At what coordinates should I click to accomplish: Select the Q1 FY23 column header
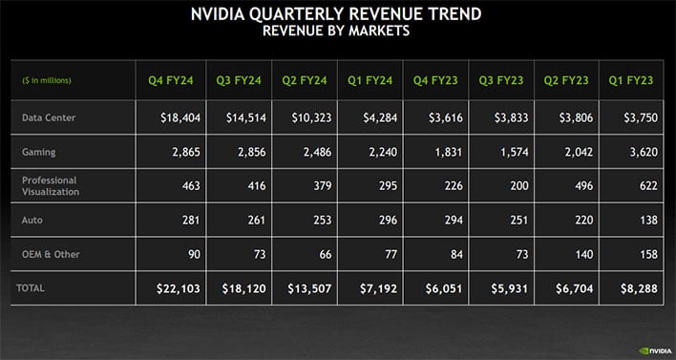630,79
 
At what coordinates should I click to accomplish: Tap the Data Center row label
49,116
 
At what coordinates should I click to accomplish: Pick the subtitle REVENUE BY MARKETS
337,32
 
